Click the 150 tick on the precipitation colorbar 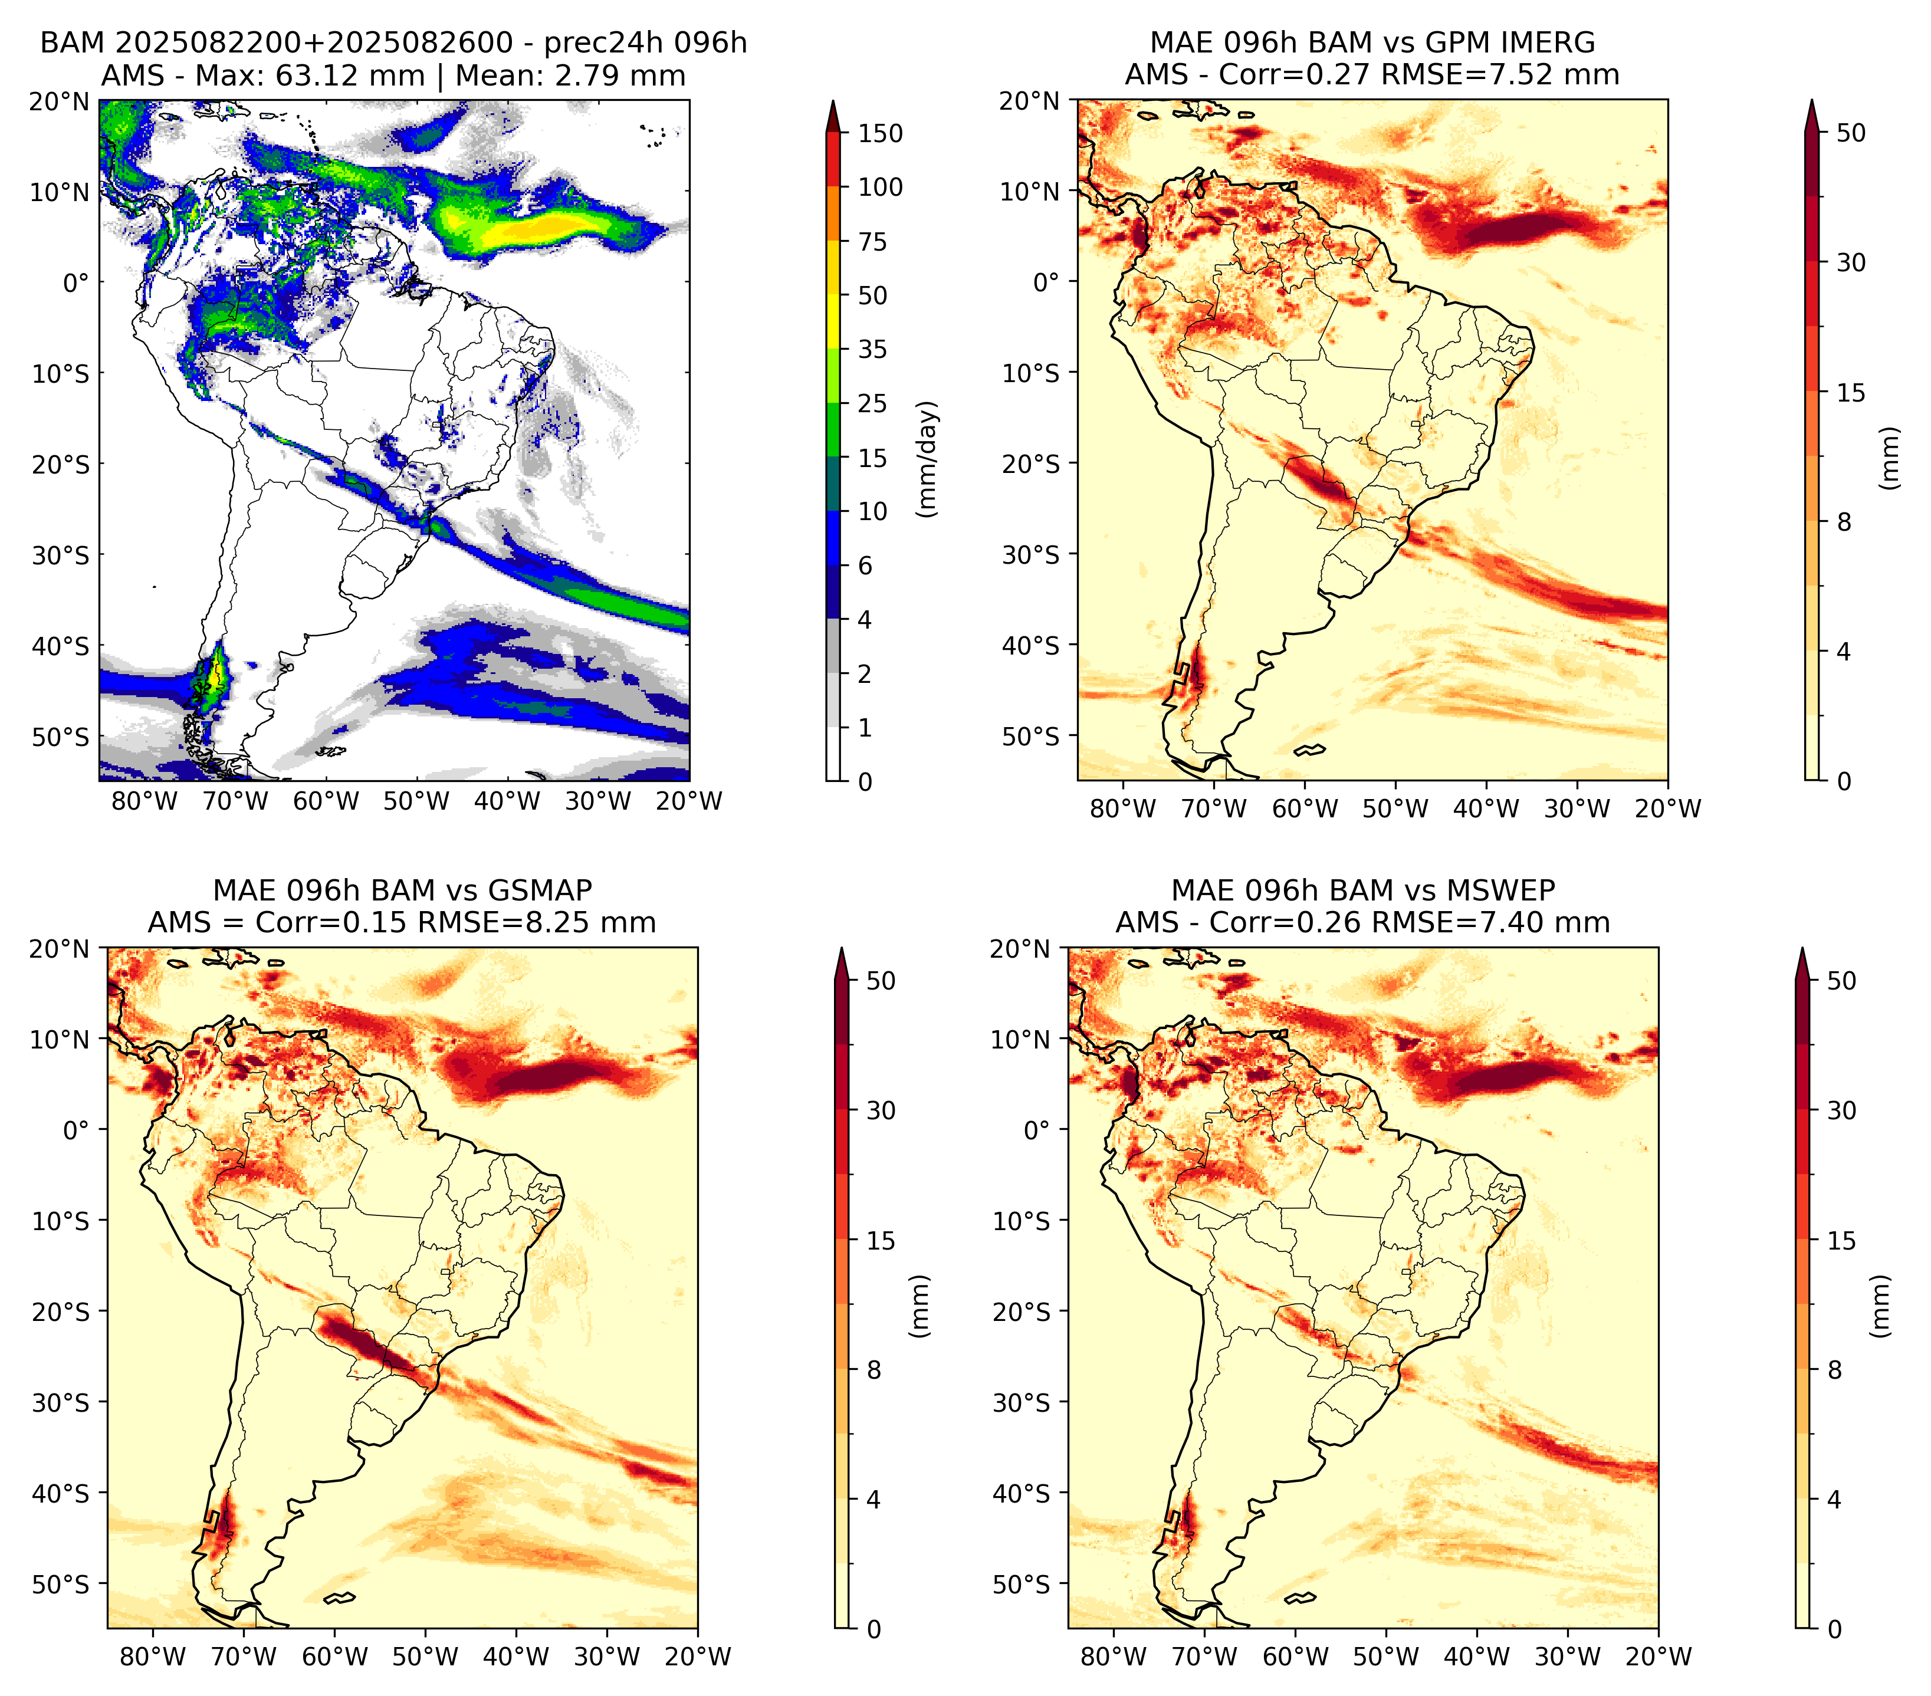click(881, 133)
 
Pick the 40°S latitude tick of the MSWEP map click(1024, 1493)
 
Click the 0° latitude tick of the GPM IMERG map click(1047, 281)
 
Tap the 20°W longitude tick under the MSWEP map click(1659, 1656)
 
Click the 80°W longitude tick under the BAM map click(145, 801)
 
